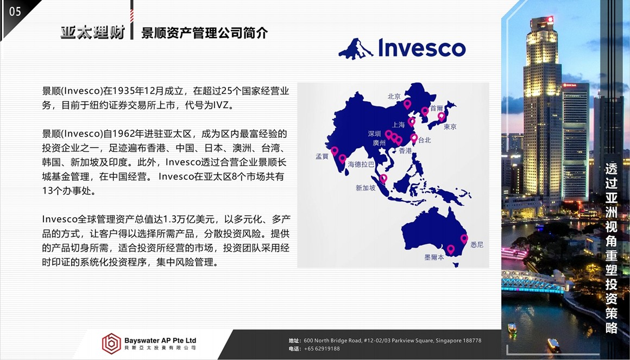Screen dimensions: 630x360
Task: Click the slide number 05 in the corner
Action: (x=15, y=11)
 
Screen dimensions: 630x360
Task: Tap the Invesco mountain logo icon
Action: (x=356, y=49)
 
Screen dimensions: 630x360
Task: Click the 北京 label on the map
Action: (x=394, y=97)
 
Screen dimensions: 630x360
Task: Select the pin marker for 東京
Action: (x=441, y=117)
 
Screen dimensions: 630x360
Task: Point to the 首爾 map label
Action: (x=436, y=108)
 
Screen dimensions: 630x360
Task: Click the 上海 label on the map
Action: (x=398, y=125)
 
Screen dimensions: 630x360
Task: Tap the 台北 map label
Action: (x=424, y=140)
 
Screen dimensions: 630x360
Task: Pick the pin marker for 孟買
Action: (x=335, y=151)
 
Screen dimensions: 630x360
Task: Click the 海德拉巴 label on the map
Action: (x=361, y=165)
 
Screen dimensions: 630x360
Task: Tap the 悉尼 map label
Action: (x=476, y=245)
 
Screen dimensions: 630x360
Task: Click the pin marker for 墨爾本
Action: (x=451, y=250)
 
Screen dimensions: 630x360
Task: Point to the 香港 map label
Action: (x=405, y=150)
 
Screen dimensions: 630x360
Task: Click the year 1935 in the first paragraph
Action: (x=123, y=91)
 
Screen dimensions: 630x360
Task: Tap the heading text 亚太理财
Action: (x=93, y=32)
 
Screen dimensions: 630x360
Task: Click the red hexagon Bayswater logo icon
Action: (x=111, y=344)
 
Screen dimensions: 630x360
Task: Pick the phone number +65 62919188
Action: (x=322, y=349)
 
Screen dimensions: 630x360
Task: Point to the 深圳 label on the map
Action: (x=374, y=134)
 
